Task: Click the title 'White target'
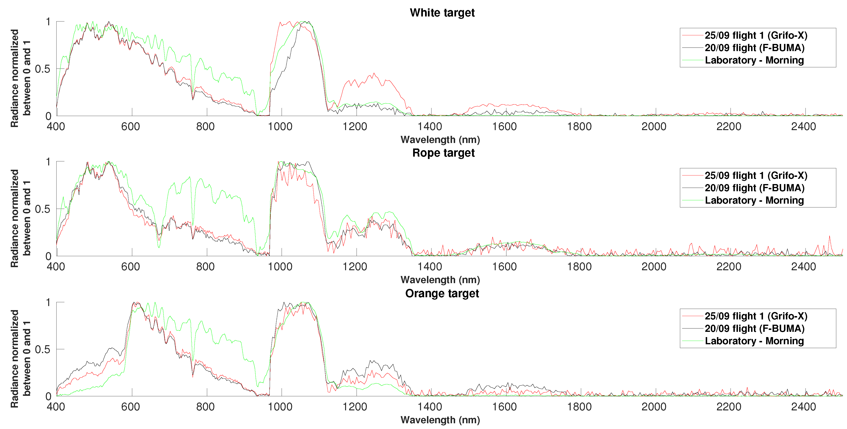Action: (442, 12)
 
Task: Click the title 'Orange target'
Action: (442, 293)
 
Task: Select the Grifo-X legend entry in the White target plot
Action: (756, 35)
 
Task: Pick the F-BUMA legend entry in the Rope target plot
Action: (754, 188)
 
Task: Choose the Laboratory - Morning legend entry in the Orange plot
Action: (754, 341)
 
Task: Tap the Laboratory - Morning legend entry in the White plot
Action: (754, 60)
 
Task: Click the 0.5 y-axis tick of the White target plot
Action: (43, 69)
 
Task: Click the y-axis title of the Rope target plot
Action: (20, 218)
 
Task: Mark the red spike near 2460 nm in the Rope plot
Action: (830, 236)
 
